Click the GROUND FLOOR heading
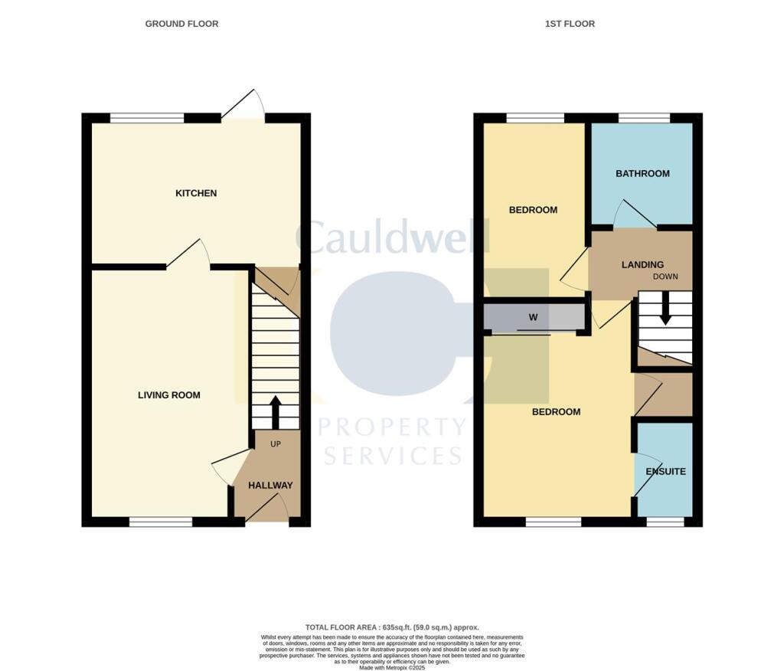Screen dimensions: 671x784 point(181,24)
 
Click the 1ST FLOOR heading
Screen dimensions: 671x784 point(570,24)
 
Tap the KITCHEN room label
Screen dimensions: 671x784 point(196,193)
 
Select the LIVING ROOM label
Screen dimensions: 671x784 point(169,395)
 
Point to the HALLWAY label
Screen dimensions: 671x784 point(270,485)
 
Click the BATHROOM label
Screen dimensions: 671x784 point(642,174)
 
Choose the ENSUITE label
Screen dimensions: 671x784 point(665,472)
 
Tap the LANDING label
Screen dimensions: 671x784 point(642,265)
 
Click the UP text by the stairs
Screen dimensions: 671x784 point(274,444)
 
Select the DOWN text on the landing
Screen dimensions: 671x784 point(665,277)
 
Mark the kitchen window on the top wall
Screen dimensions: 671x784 point(147,118)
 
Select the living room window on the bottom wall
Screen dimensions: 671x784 point(160,522)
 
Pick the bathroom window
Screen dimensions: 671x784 point(643,118)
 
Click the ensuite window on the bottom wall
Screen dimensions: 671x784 point(665,522)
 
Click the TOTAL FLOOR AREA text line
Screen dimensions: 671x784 point(391,627)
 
